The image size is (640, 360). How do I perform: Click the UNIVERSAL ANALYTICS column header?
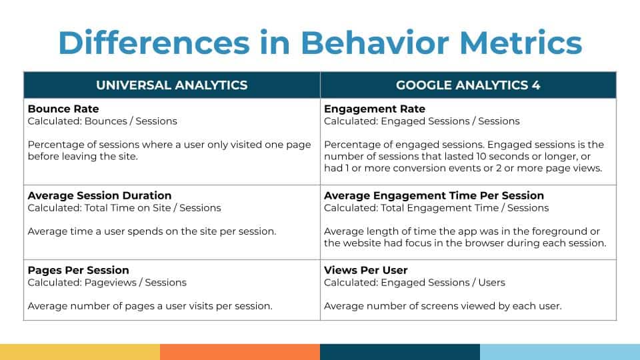[x=171, y=85]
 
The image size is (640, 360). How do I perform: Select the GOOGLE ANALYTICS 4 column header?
[x=467, y=85]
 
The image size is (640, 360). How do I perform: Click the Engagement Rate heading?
[x=374, y=109]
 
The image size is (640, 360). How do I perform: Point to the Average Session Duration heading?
[x=99, y=195]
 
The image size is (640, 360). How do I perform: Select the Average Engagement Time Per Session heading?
[x=433, y=195]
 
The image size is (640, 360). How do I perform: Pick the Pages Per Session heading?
[x=78, y=270]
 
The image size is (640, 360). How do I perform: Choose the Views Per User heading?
[x=365, y=270]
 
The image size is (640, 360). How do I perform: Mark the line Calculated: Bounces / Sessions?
[x=102, y=121]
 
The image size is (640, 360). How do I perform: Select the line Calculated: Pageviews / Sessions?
[x=107, y=283]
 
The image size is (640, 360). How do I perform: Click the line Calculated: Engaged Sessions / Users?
[x=414, y=283]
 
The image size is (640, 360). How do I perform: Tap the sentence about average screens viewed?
[x=443, y=307]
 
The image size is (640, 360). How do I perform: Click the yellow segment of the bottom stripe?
[x=80, y=352]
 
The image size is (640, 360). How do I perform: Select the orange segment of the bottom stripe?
[x=240, y=352]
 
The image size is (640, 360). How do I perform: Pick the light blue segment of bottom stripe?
[x=560, y=352]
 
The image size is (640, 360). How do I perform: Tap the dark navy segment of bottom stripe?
[x=400, y=352]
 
